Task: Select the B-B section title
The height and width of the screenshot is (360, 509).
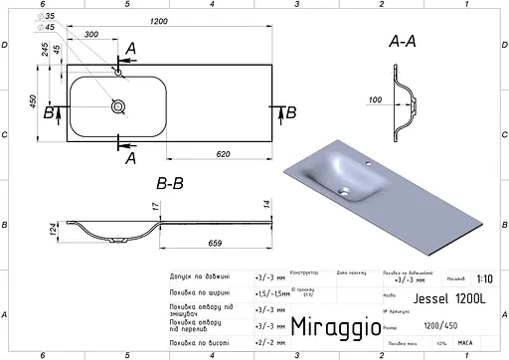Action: point(170,183)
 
